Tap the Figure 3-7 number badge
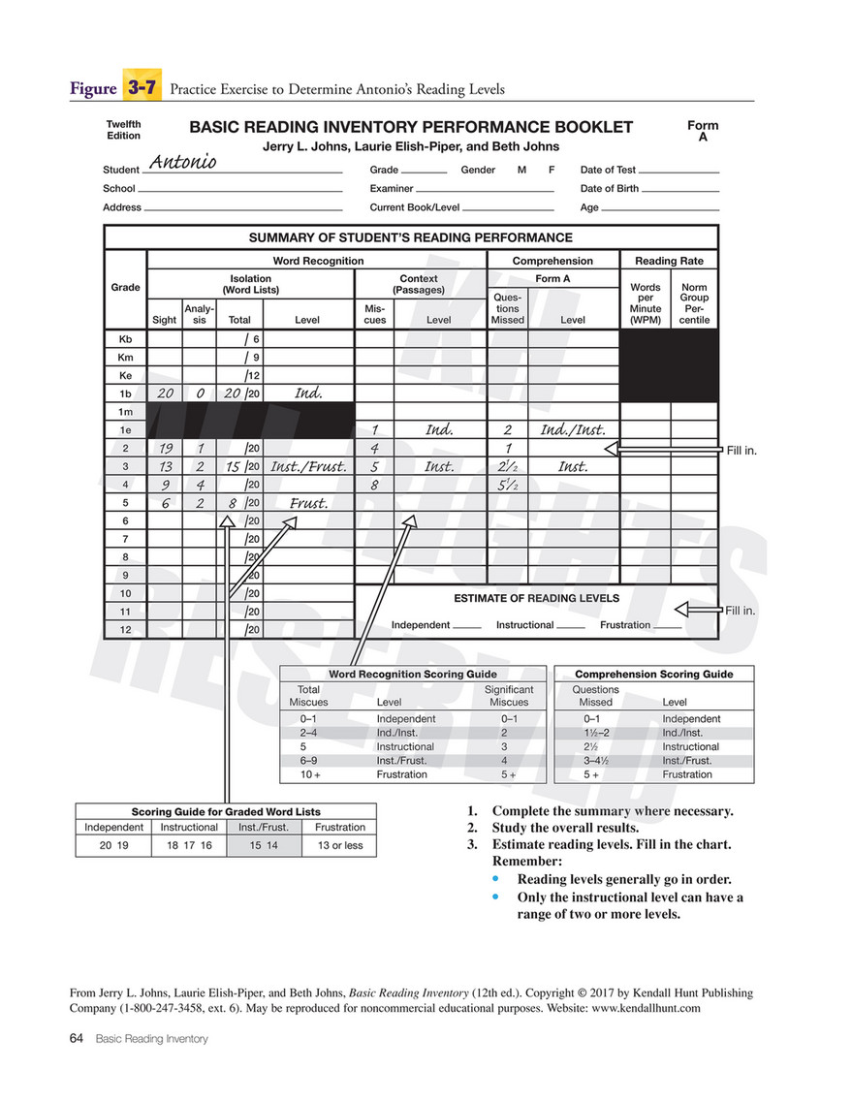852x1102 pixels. tap(141, 88)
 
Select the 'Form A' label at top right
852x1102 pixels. tap(703, 132)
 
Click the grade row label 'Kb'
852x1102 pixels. tap(125, 339)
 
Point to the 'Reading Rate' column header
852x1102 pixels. tap(669, 261)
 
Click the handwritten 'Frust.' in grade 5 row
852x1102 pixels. tap(308, 503)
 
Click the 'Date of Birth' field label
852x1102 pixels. tap(609, 189)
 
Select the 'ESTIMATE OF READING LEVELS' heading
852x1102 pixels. tap(536, 598)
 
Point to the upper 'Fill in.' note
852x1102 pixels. tap(741, 450)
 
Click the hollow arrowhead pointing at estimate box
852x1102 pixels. tap(683, 610)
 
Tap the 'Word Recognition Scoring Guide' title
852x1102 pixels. tap(413, 674)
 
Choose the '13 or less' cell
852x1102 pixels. tap(340, 845)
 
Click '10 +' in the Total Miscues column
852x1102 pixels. tap(309, 775)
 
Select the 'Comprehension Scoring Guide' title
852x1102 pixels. tap(653, 674)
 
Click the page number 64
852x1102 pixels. tap(77, 1039)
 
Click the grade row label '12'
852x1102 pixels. tap(125, 630)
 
